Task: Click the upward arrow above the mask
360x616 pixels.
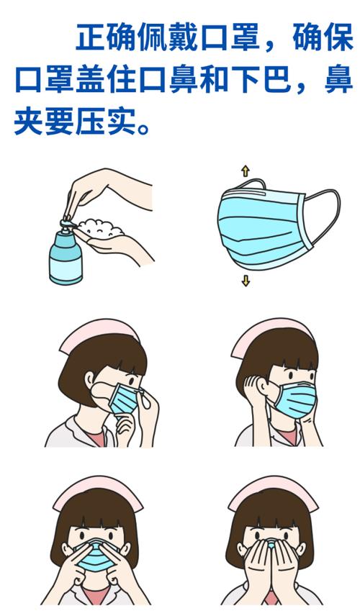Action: [245, 171]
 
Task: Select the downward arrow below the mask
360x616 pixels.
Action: [246, 280]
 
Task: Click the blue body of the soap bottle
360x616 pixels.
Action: [66, 262]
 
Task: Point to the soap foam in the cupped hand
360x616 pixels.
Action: [101, 229]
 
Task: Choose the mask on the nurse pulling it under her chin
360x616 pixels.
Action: [295, 399]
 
